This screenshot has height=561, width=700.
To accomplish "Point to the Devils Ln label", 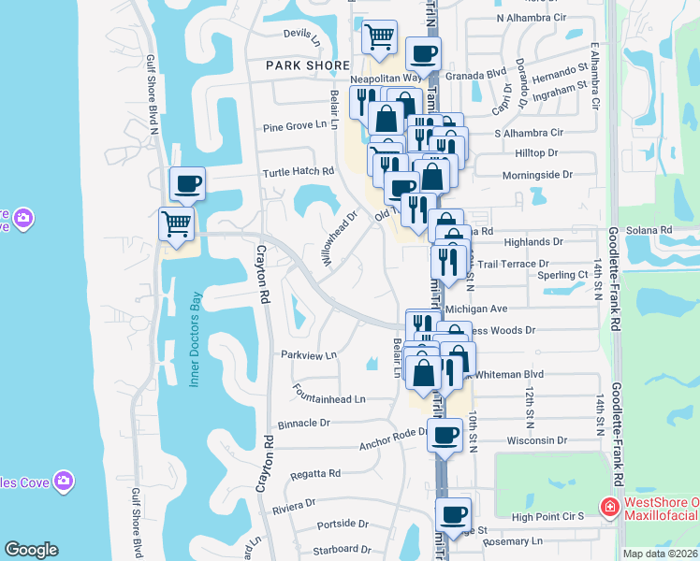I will pyautogui.click(x=302, y=34).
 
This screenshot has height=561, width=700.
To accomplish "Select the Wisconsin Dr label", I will pyautogui.click(x=537, y=440).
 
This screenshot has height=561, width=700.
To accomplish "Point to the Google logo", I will pyautogui.click(x=31, y=550).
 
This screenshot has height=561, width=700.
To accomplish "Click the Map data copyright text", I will pyautogui.click(x=659, y=554).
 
